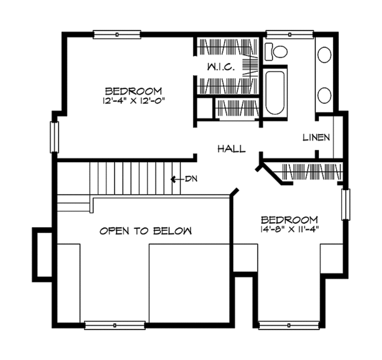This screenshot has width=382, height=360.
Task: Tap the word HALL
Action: tap(232, 149)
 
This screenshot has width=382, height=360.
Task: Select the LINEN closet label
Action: tap(316, 137)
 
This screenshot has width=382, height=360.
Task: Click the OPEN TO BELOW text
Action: tap(145, 231)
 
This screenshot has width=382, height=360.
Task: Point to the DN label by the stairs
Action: tap(191, 179)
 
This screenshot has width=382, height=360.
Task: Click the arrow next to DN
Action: tap(176, 179)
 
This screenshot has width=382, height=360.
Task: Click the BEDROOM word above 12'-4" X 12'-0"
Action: tap(134, 91)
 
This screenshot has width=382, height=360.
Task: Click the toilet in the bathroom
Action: tap(276, 52)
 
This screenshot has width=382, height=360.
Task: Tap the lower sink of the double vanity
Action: tap(325, 95)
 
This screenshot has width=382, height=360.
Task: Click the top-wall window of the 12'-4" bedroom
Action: tap(117, 34)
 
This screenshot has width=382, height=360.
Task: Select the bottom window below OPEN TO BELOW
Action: tap(115, 326)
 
